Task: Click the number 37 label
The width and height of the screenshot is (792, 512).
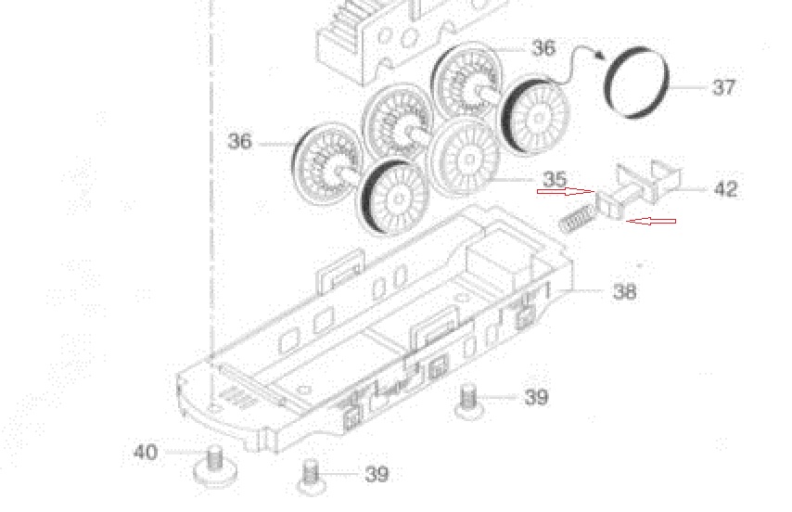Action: click(x=723, y=87)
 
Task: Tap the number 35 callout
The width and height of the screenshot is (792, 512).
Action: click(x=555, y=179)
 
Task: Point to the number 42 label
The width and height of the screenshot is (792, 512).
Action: click(x=726, y=189)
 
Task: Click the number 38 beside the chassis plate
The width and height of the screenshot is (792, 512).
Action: click(x=624, y=292)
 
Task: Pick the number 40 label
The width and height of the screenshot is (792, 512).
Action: click(x=145, y=452)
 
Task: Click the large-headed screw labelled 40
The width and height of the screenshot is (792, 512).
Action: click(x=215, y=467)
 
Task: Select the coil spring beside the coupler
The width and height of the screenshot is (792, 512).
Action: click(x=577, y=220)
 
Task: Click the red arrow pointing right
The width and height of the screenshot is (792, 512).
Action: click(x=567, y=191)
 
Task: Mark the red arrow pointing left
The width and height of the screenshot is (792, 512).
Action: click(x=651, y=221)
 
